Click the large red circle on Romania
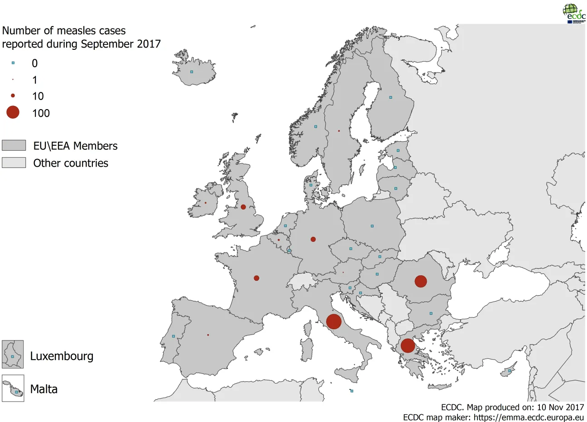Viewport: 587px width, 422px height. (x=421, y=281)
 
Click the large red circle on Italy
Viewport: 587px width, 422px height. (x=334, y=321)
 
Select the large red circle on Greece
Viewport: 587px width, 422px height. (x=408, y=345)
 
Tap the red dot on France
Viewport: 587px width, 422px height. (x=256, y=278)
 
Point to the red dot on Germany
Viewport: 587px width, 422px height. (x=313, y=239)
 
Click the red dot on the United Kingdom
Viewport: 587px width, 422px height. (x=243, y=207)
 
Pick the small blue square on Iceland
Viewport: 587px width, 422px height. (x=192, y=72)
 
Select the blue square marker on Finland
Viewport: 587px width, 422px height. (x=390, y=97)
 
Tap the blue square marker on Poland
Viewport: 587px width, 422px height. (x=372, y=226)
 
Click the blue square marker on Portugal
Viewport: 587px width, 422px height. (x=173, y=336)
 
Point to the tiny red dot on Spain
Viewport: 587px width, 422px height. (x=208, y=335)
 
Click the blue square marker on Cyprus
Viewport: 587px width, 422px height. (x=510, y=371)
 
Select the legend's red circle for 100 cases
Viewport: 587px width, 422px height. (x=13, y=112)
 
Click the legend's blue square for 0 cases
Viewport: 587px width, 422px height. (x=13, y=63)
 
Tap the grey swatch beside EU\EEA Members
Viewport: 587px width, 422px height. (x=14, y=145)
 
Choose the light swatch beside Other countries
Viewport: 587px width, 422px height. (x=14, y=163)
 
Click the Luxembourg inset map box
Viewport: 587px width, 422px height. (x=13, y=354)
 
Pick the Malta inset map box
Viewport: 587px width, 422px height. (x=13, y=388)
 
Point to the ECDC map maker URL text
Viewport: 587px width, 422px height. (x=529, y=417)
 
